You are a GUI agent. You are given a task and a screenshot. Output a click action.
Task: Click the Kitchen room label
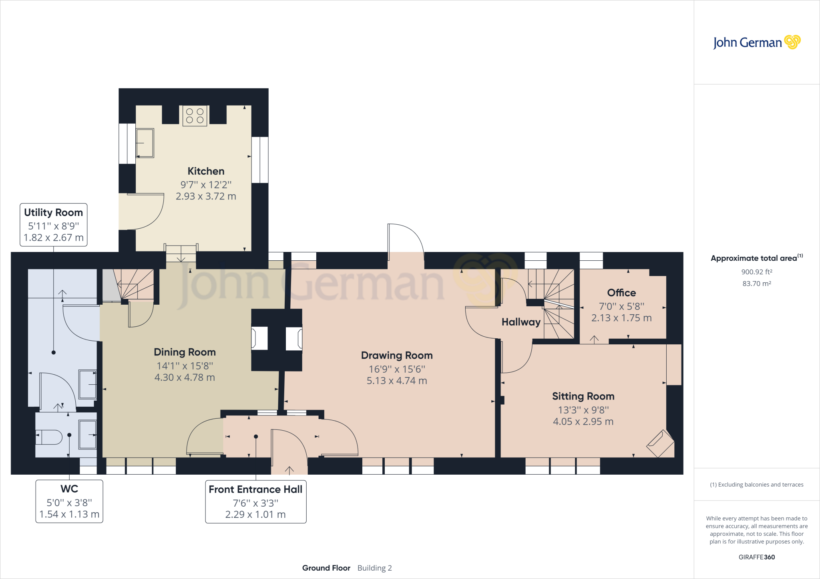[x=206, y=171]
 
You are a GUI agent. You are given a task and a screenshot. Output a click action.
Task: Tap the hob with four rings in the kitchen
[x=195, y=116]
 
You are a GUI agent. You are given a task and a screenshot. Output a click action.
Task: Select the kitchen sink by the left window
[x=145, y=143]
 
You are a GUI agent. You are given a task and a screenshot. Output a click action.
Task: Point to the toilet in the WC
[x=49, y=437]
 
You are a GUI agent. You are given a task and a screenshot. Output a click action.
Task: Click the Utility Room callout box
[x=54, y=225]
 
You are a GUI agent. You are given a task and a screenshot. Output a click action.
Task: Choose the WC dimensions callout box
[x=69, y=501]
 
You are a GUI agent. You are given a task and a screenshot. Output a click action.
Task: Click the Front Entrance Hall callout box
[x=256, y=502]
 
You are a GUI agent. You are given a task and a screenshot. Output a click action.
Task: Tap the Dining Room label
[x=185, y=352]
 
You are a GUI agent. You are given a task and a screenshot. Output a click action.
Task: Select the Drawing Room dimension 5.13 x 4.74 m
[x=397, y=381]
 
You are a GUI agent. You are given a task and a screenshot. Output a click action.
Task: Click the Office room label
[x=621, y=293]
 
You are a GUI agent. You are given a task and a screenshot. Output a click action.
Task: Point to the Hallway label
[x=521, y=322]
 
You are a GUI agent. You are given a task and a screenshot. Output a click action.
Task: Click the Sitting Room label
[x=583, y=396]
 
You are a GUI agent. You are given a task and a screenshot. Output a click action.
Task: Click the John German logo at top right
[x=757, y=42]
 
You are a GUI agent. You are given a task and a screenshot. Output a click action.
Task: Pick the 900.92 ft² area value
[x=757, y=272]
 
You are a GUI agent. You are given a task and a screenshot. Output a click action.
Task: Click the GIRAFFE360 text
[x=757, y=557]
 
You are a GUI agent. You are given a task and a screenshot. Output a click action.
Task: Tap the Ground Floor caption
[x=326, y=568]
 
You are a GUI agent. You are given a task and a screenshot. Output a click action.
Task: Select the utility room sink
[x=88, y=385]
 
